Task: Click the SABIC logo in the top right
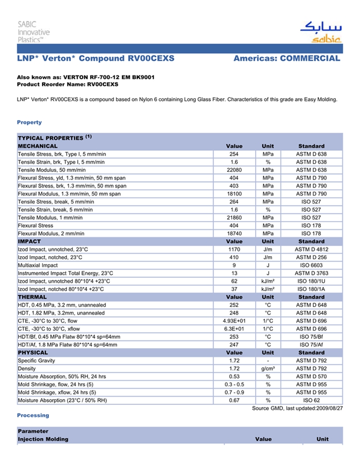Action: (x=320, y=32)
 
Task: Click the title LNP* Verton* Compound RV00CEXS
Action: (x=96, y=59)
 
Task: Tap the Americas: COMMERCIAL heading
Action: (x=286, y=59)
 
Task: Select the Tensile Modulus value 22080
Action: (x=234, y=170)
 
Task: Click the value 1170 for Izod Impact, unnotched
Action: (x=234, y=249)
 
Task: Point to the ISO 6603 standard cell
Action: (x=311, y=265)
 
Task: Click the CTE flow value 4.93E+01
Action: (x=234, y=321)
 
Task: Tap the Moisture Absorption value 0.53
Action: (x=234, y=377)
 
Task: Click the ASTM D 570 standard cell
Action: (x=311, y=377)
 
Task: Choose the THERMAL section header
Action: (x=32, y=297)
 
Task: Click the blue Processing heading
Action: (x=33, y=415)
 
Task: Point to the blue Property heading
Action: (x=29, y=122)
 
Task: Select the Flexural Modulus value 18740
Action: (x=234, y=234)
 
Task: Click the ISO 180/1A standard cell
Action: (x=311, y=289)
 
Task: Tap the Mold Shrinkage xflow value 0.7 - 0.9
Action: (x=234, y=392)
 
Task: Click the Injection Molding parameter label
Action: (x=43, y=439)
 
